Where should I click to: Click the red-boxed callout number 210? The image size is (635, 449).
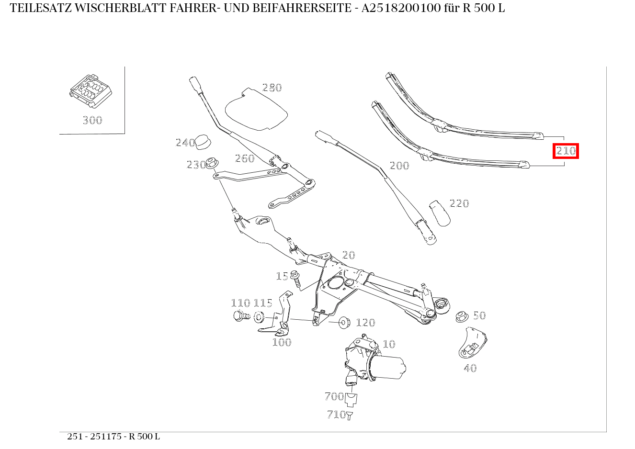(566, 151)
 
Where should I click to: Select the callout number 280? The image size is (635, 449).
(272, 88)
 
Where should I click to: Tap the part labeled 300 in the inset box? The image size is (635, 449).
(91, 91)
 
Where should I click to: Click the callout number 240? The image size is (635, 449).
(185, 143)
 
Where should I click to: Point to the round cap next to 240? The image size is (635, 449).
(204, 142)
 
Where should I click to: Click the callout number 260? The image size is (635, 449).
(245, 158)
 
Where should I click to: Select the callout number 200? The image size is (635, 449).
(399, 166)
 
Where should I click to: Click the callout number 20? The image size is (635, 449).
(349, 255)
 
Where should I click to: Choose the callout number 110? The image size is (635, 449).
(240, 303)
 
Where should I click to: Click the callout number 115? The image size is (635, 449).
(263, 303)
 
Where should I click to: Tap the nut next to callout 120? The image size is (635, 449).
(344, 322)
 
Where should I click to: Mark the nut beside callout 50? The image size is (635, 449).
(461, 316)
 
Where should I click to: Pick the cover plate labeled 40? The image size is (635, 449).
(472, 342)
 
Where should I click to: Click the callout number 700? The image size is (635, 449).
(334, 396)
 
